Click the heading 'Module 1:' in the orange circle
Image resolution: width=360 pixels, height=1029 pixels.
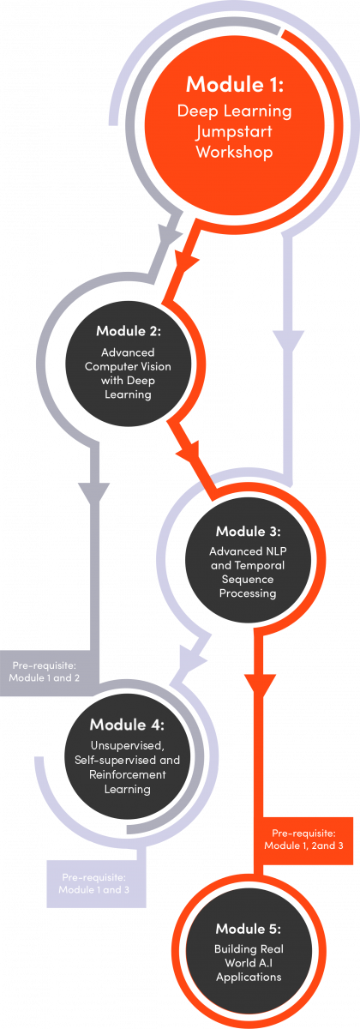tap(235, 85)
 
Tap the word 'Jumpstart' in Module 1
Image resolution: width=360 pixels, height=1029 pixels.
tap(234, 133)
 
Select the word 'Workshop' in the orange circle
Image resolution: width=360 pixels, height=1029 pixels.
tap(235, 152)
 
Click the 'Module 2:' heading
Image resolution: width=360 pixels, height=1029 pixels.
tap(129, 331)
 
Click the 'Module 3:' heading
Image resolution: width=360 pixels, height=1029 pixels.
tap(248, 531)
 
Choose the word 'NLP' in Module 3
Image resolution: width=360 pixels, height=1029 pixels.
tap(276, 551)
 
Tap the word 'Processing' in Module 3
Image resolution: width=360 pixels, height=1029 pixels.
tap(248, 593)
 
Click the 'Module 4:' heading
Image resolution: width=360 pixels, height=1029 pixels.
tap(127, 725)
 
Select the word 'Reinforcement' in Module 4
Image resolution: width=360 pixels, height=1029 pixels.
tap(127, 774)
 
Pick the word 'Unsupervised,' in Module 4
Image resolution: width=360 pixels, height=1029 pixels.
tap(127, 745)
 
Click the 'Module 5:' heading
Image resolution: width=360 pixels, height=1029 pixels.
tap(249, 929)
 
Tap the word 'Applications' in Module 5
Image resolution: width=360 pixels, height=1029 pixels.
tap(249, 978)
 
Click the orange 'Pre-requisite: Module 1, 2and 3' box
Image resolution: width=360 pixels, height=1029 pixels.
tap(303, 840)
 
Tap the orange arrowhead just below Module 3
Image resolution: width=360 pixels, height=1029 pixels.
tap(260, 686)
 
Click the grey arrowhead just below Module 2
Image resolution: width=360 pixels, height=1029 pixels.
tap(94, 494)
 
